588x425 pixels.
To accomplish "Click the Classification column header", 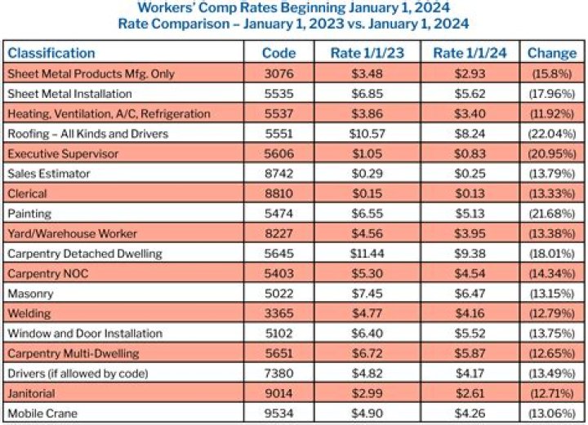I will [x=51, y=53].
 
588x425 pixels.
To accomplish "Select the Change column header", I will [x=551, y=53].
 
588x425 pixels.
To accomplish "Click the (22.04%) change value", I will [x=551, y=133].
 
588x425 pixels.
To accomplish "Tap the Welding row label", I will [x=29, y=313].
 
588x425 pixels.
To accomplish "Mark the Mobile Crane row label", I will [x=42, y=414].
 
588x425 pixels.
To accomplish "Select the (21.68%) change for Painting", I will [x=551, y=213].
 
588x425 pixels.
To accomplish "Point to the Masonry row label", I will [x=31, y=293].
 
